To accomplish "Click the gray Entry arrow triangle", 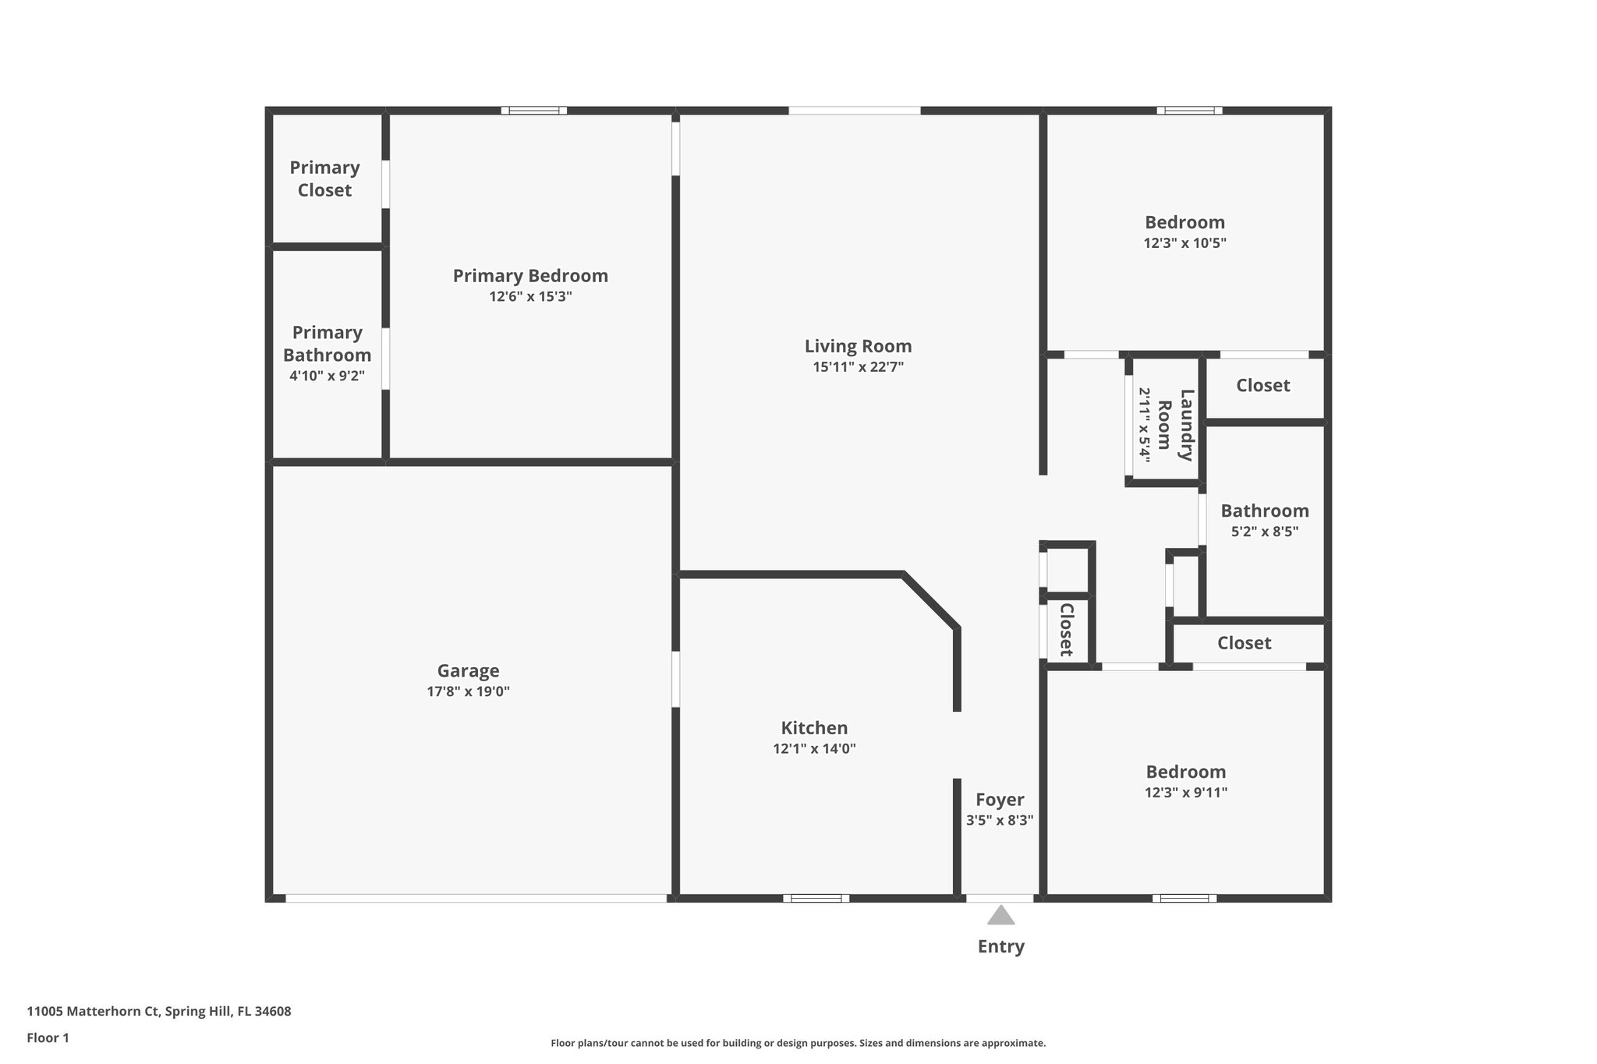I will tap(1000, 915).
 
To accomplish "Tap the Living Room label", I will tap(858, 346).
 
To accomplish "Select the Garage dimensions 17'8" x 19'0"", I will tap(468, 691).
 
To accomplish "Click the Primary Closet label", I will tap(324, 179).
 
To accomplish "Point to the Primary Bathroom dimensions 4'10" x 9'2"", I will tap(327, 376).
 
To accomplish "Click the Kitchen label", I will tap(814, 728).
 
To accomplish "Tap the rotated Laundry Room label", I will tap(1175, 426).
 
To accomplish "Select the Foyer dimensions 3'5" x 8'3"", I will tap(1000, 820).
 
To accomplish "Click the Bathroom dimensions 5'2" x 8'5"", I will tap(1264, 532).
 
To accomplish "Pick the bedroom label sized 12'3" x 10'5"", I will tap(1184, 223).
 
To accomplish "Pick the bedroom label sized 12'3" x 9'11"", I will tap(1185, 772).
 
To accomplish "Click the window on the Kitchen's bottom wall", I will tap(816, 898).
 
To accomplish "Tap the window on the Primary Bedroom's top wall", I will tap(533, 111).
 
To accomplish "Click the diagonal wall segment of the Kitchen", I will tap(930, 601).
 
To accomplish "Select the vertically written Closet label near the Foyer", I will tap(1066, 630).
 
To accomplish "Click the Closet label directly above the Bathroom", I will tap(1262, 386).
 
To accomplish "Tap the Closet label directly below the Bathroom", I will tap(1244, 643).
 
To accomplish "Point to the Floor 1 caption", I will tap(48, 1038).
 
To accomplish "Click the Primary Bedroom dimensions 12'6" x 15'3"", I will tap(530, 297).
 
